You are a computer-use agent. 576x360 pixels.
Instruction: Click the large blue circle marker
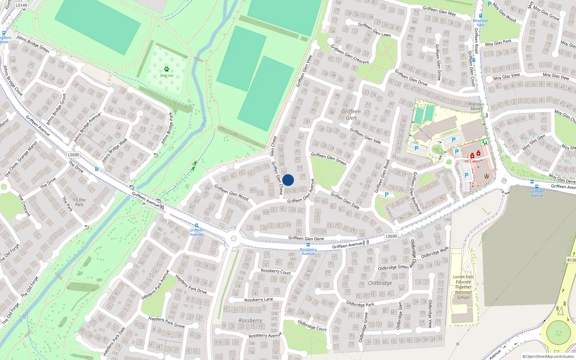(x=288, y=180)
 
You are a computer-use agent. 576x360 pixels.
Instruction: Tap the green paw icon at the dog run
(x=166, y=69)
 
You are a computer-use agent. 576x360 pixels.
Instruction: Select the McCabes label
(x=472, y=161)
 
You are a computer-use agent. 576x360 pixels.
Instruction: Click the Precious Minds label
(x=476, y=106)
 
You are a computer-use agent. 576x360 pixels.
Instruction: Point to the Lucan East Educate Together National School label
(x=463, y=287)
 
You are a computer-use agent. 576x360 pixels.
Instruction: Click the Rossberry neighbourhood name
(x=250, y=320)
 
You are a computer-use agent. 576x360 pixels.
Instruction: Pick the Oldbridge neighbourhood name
(x=380, y=283)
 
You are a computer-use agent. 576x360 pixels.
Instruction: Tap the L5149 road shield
(x=22, y=5)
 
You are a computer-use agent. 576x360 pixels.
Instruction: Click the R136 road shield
(x=571, y=260)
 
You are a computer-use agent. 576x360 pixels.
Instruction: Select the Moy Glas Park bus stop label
(x=481, y=23)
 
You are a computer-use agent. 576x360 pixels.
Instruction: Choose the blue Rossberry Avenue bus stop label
(x=308, y=251)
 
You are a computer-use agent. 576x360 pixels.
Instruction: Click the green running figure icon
(x=195, y=166)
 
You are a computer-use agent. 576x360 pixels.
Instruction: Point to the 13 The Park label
(x=79, y=202)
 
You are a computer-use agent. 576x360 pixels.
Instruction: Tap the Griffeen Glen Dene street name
(x=306, y=238)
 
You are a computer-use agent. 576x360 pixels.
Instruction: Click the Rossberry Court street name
(x=275, y=271)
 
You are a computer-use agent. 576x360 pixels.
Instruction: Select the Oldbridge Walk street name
(x=435, y=252)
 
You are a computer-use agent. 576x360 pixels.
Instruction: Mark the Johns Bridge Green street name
(x=33, y=44)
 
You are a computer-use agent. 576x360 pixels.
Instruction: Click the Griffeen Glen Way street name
(x=439, y=11)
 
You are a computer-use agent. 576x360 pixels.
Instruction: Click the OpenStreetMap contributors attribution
(x=548, y=356)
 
